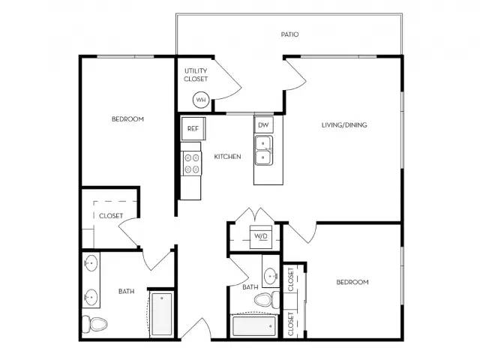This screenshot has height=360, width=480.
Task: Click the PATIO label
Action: pyautogui.click(x=289, y=34)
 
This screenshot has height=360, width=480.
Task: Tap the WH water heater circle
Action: pyautogui.click(x=201, y=99)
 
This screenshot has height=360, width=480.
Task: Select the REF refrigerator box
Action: pyautogui.click(x=193, y=128)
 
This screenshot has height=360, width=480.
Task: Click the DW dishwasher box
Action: pyautogui.click(x=263, y=124)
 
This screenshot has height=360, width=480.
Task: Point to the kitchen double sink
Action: pyautogui.click(x=263, y=150)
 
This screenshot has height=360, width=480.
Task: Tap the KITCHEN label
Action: pyautogui.click(x=227, y=157)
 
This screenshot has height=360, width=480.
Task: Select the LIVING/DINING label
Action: pyautogui.click(x=344, y=124)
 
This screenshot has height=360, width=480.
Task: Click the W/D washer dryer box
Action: pyautogui.click(x=261, y=236)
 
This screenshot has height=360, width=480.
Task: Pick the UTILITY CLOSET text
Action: pyautogui.click(x=196, y=75)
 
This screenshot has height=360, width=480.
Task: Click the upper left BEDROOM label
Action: pyautogui.click(x=127, y=119)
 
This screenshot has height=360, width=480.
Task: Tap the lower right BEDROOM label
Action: pyautogui.click(x=352, y=282)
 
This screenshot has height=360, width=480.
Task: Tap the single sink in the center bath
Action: pyautogui.click(x=270, y=274)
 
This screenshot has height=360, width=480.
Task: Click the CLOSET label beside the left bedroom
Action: pyautogui.click(x=111, y=215)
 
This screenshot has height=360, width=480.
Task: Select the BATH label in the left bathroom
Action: pyautogui.click(x=126, y=291)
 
